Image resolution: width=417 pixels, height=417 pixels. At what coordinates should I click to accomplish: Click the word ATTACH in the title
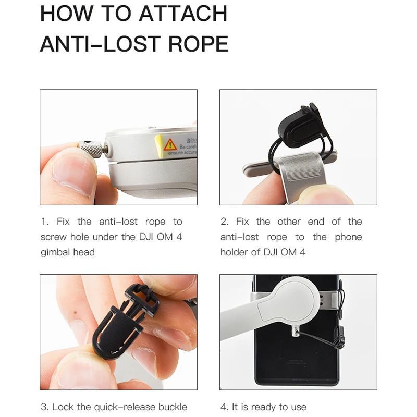click(183, 14)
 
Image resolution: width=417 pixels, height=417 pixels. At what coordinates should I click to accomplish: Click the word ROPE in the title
click(198, 44)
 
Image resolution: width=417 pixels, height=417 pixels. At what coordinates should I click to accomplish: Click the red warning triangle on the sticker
click(170, 145)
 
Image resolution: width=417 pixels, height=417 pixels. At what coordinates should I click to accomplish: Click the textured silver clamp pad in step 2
click(301, 166)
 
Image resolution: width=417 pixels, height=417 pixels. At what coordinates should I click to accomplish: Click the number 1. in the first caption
click(45, 222)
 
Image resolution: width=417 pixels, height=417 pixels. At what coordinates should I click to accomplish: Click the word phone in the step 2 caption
click(348, 237)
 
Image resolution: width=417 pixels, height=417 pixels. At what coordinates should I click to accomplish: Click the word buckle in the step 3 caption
click(173, 407)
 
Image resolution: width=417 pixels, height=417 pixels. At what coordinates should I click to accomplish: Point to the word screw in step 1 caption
click(54, 237)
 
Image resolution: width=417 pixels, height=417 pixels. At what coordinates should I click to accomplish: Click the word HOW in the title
click(67, 14)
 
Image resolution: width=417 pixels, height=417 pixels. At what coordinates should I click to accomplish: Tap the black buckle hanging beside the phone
click(340, 337)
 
